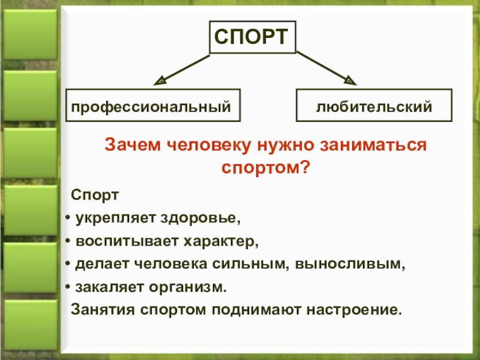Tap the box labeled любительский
coord(374,107)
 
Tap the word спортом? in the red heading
coord(265,168)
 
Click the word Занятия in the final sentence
coord(100,311)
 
